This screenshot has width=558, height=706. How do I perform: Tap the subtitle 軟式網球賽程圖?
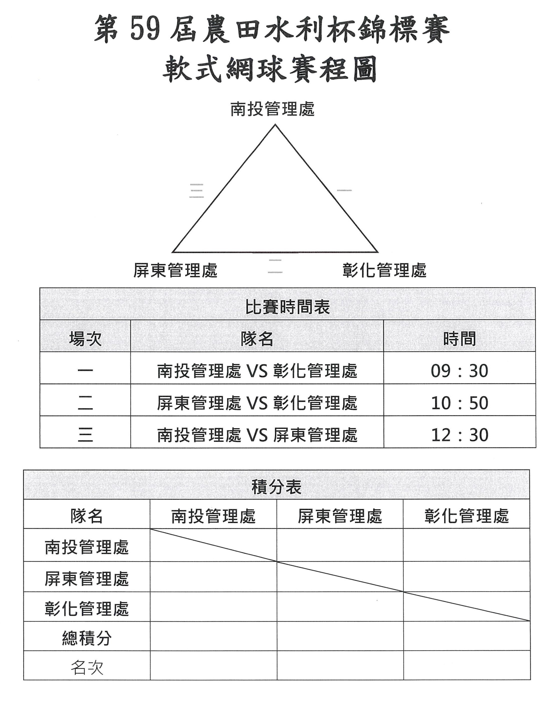[x=270, y=70]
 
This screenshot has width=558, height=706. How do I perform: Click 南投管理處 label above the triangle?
[x=272, y=109]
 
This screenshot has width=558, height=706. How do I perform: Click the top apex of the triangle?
[x=275, y=124]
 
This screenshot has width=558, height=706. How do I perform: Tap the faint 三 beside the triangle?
[x=197, y=191]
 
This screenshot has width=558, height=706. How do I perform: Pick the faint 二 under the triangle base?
[x=275, y=266]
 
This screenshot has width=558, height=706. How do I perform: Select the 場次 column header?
[x=85, y=339]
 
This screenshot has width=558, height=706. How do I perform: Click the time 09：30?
[x=459, y=371]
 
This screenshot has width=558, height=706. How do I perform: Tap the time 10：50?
[x=460, y=403]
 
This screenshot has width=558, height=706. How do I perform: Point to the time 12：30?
[x=460, y=435]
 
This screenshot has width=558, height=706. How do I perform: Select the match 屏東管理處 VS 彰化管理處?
[x=257, y=403]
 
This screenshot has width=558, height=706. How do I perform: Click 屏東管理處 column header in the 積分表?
[x=340, y=516]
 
